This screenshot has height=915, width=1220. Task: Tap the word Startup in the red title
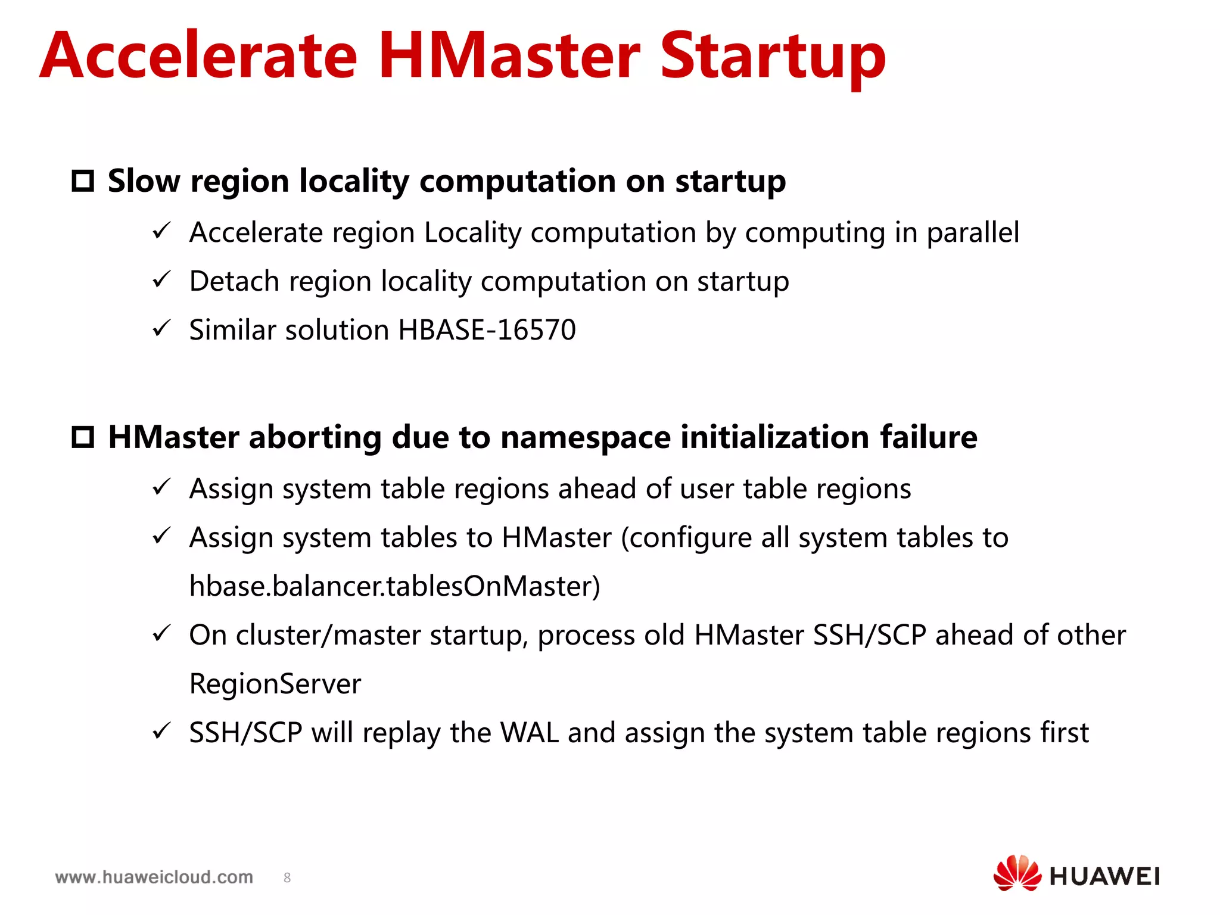(773, 57)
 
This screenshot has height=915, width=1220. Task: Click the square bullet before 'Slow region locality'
(83, 180)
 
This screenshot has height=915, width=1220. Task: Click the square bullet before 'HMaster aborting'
(83, 437)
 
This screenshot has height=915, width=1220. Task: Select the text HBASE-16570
(487, 329)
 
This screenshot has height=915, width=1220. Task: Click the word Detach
(234, 281)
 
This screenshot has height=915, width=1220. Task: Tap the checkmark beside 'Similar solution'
(161, 328)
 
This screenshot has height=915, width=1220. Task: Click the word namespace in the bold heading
(586, 437)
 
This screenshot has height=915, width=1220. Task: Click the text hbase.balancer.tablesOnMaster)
(394, 586)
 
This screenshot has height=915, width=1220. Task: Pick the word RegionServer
(275, 684)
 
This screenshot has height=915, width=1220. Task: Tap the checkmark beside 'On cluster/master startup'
(161, 633)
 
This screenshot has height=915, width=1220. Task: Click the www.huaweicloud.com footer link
(154, 877)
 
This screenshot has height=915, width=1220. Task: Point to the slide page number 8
(287, 877)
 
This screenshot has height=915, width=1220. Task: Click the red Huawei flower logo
(1016, 874)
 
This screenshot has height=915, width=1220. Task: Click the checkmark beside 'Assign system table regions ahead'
(161, 487)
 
